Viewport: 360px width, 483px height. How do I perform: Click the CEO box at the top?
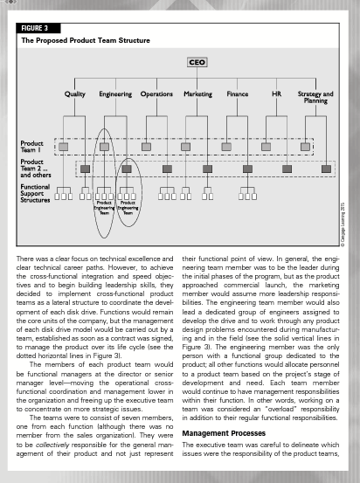pyautogui.click(x=197, y=62)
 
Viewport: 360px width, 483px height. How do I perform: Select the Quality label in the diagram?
pyautogui.click(x=76, y=93)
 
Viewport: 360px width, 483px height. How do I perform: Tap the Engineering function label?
pyautogui.click(x=115, y=93)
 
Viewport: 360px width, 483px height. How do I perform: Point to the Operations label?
pyautogui.click(x=156, y=93)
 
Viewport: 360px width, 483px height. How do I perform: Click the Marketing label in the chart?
pyautogui.click(x=198, y=93)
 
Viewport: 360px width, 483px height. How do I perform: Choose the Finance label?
pyautogui.click(x=238, y=93)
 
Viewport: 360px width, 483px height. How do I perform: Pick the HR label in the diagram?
pyautogui.click(x=276, y=93)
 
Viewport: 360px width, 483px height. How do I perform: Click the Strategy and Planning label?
pyautogui.click(x=315, y=97)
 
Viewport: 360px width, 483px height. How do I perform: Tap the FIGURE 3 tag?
pyautogui.click(x=38, y=28)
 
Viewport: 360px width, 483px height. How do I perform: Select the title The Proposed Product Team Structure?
pyautogui.click(x=85, y=40)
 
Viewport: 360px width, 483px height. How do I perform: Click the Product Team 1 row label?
pyautogui.click(x=32, y=146)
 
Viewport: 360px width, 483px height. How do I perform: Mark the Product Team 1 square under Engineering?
pyautogui.click(x=104, y=146)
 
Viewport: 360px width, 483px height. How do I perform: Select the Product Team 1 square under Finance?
pyautogui.click(x=226, y=146)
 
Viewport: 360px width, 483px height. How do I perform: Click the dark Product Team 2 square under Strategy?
pyautogui.click(x=326, y=167)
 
